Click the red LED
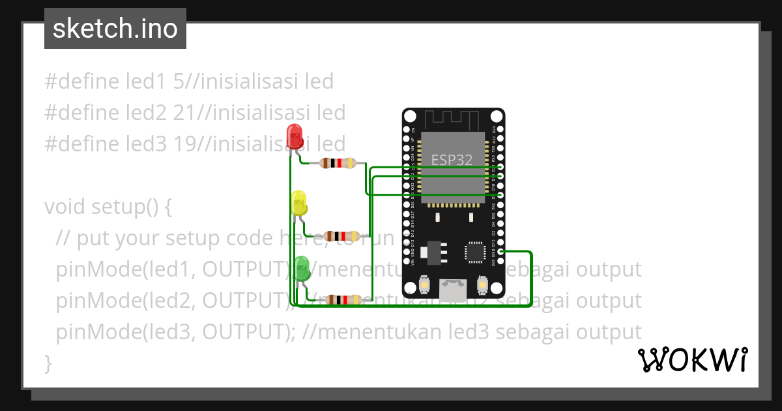tap(295, 136)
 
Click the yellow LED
tap(299, 203)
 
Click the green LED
tap(301, 269)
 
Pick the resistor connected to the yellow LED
tap(341, 236)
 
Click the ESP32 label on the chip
tap(452, 159)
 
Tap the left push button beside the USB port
tap(424, 286)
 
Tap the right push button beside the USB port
tap(483, 286)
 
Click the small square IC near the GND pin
tap(475, 252)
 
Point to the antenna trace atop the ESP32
tap(454, 119)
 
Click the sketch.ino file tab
tap(115, 29)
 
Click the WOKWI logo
tap(692, 359)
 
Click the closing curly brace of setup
tap(48, 363)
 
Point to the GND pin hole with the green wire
tap(500, 251)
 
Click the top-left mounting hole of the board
tap(411, 117)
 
